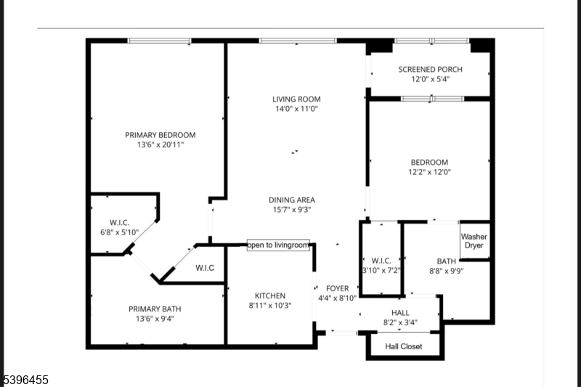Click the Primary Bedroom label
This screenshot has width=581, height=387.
click(161, 135)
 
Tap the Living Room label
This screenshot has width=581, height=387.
click(296, 99)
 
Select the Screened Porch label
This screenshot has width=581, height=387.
click(430, 70)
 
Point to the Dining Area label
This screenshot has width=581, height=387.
click(292, 200)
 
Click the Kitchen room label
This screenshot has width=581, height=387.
click(269, 296)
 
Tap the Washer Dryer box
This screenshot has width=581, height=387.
click(474, 241)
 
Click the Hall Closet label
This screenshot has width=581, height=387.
click(403, 347)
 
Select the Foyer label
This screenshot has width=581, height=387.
click(337, 288)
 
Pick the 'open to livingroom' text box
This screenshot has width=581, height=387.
click(278, 245)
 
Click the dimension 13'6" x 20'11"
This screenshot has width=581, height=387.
click(161, 145)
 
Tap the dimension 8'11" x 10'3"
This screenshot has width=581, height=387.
click(269, 306)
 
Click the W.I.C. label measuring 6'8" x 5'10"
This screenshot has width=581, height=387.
click(119, 223)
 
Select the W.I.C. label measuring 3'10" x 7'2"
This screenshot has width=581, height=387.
click(381, 261)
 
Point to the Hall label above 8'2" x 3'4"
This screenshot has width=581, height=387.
click(400, 313)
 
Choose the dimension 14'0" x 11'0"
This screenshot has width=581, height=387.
click(296, 109)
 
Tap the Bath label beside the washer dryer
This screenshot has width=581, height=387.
click(446, 261)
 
